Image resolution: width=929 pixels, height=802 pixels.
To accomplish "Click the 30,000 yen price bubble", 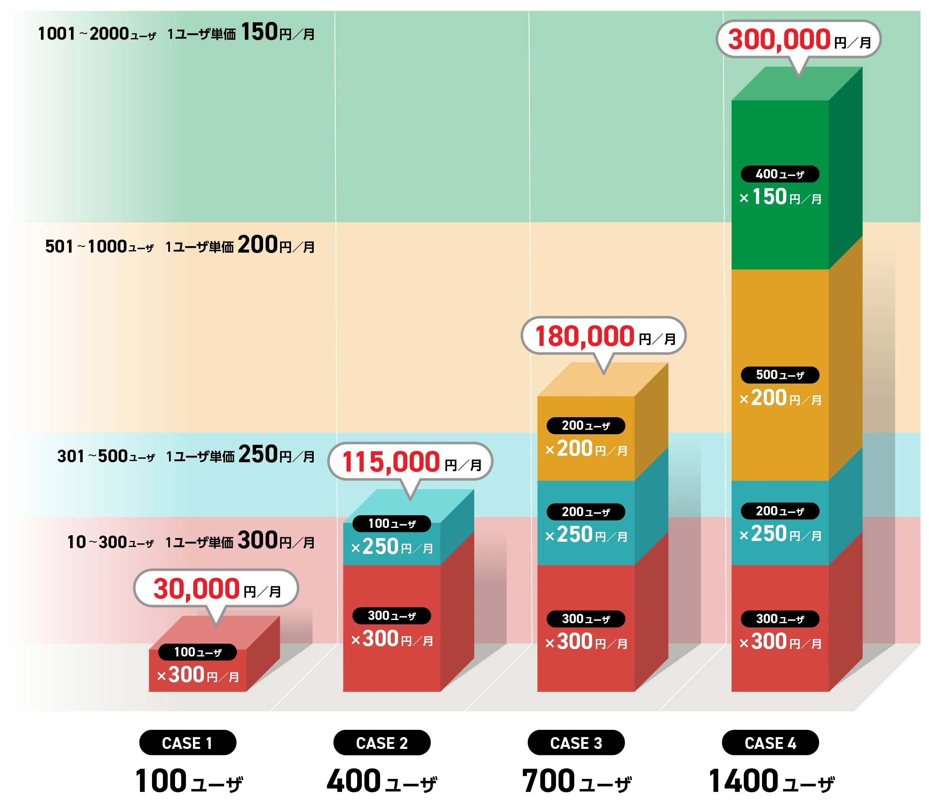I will (x=216, y=588).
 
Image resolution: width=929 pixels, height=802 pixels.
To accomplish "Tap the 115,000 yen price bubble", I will (x=410, y=461).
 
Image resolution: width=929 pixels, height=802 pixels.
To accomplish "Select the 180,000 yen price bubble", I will (x=604, y=336).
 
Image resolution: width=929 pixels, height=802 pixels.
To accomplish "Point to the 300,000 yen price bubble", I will (x=798, y=39).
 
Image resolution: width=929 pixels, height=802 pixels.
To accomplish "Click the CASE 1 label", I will (x=186, y=743).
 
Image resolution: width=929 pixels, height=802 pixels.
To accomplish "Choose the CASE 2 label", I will (x=381, y=743).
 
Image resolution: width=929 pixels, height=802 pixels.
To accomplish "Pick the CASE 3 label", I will (x=576, y=743).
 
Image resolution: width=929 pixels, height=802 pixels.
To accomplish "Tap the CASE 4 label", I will (x=770, y=743).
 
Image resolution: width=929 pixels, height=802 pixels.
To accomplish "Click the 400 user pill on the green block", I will (x=780, y=174).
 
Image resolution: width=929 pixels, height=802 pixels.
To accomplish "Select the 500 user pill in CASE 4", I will (x=780, y=375).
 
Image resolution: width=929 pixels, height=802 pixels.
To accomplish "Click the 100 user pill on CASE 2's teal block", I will (x=392, y=523).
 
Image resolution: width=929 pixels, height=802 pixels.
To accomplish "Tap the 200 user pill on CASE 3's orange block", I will (x=586, y=426).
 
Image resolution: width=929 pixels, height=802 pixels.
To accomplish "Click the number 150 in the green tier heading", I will (x=259, y=32).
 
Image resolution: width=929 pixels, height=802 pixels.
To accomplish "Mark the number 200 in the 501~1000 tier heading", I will (x=258, y=245).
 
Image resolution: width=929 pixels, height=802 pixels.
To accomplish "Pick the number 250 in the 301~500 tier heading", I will (x=258, y=455).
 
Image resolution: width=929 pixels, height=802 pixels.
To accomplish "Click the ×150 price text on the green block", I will (x=769, y=197).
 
